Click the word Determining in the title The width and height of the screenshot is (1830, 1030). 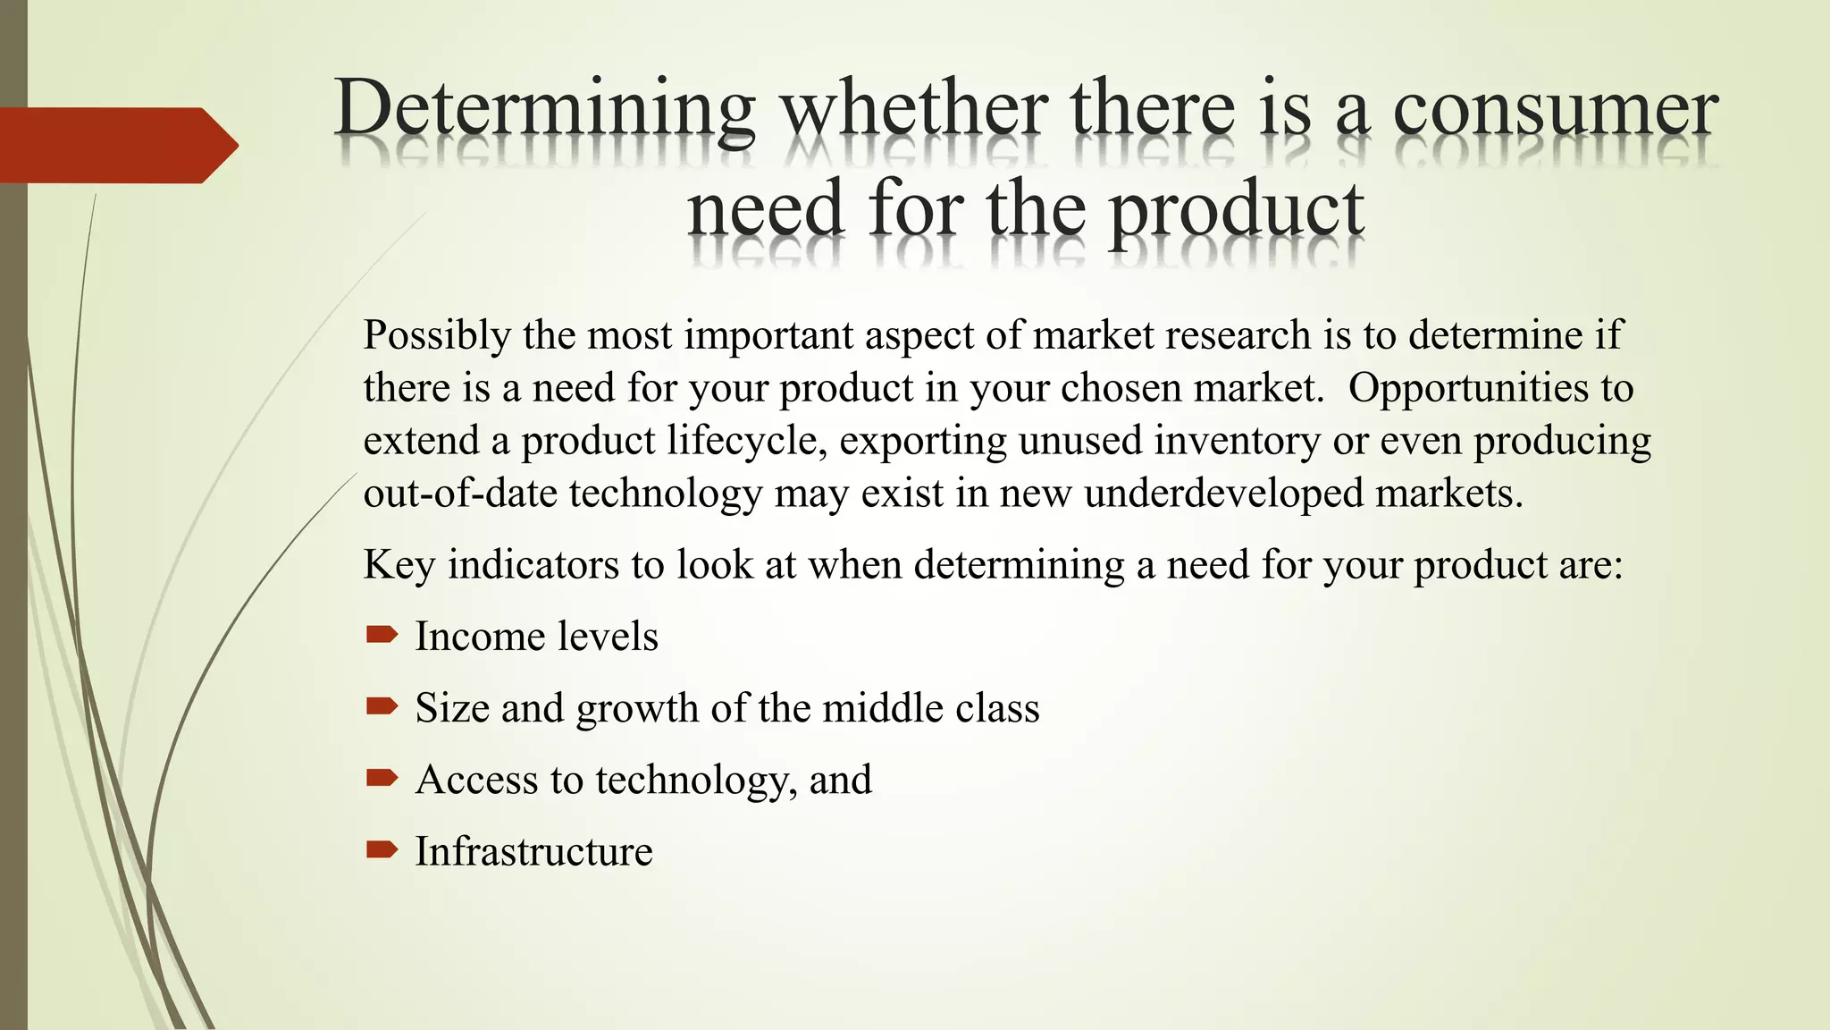coord(545,111)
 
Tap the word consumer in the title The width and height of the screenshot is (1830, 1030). coord(1555,111)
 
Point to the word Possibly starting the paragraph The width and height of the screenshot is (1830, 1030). coord(437,336)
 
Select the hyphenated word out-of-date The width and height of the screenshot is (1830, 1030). coord(460,494)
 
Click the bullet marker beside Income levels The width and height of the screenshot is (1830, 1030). coord(382,636)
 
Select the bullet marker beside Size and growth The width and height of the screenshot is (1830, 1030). coord(382,707)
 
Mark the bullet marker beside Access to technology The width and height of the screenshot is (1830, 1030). coord(382,778)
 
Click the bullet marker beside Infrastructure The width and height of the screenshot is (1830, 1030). coord(382,849)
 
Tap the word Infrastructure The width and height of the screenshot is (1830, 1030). coord(533,851)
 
